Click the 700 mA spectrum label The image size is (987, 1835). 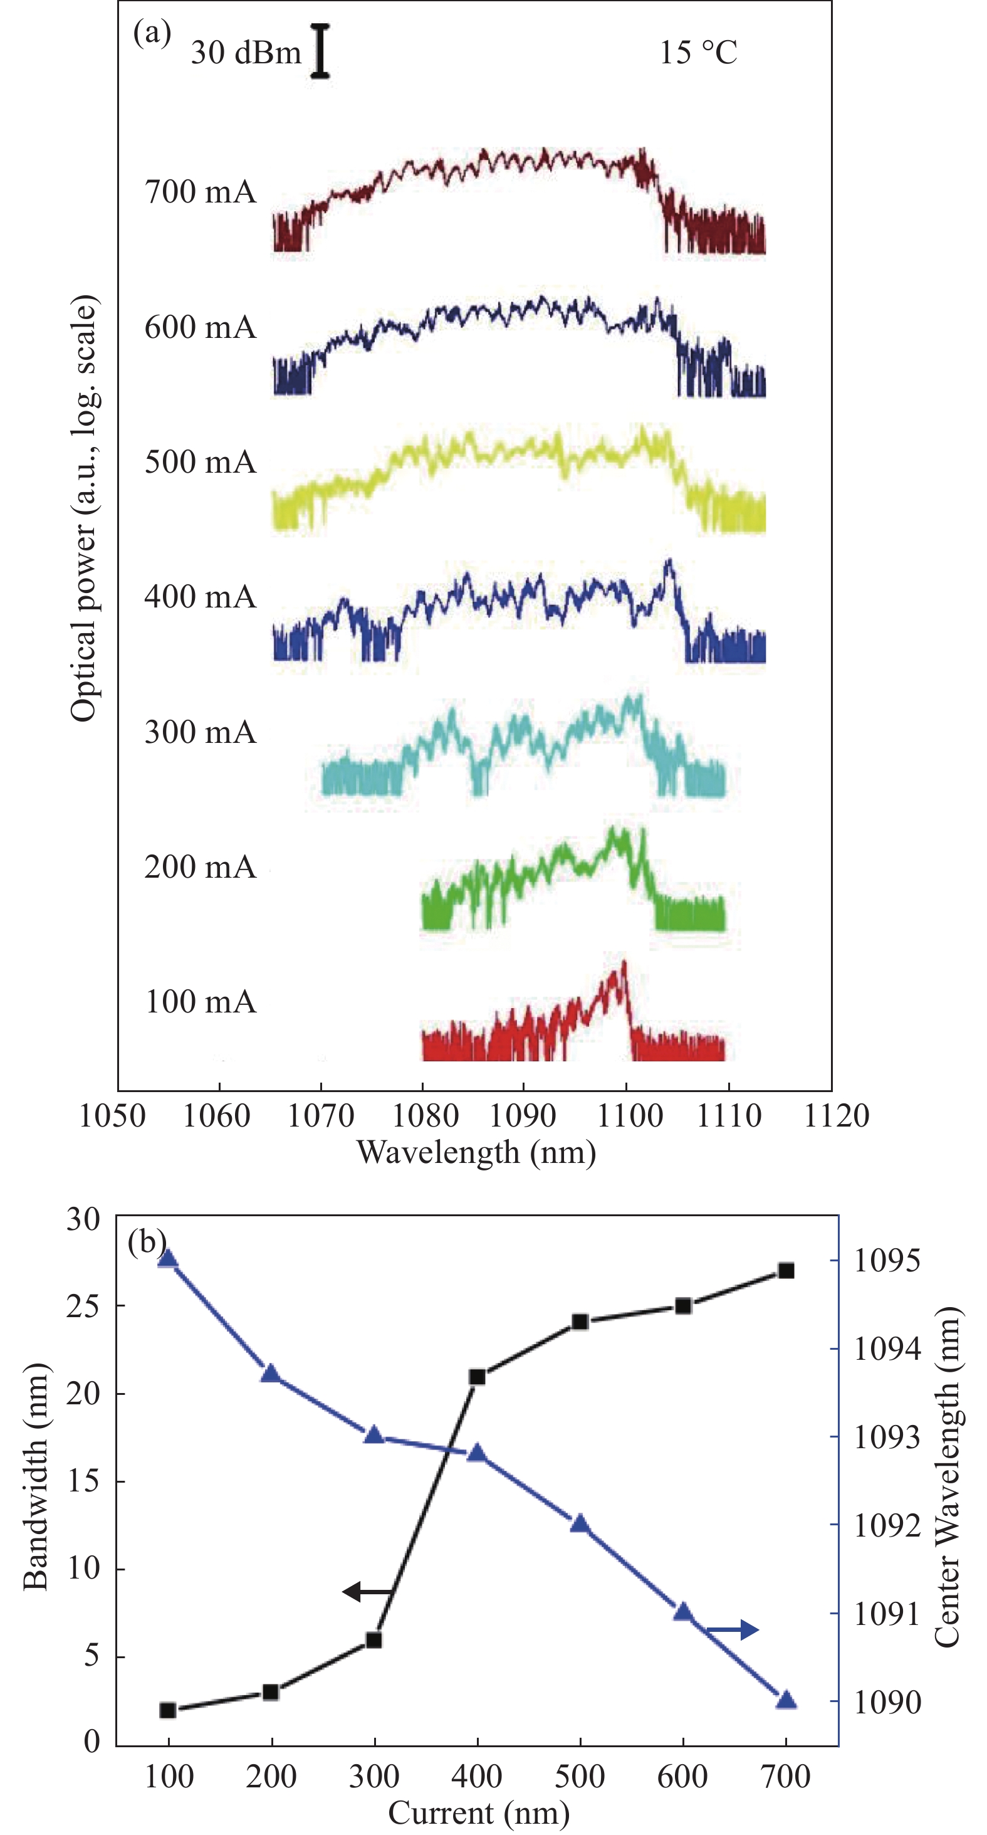[x=200, y=192]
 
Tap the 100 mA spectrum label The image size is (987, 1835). [x=200, y=1002]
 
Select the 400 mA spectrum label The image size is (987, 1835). [x=200, y=597]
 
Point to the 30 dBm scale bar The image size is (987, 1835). [x=320, y=51]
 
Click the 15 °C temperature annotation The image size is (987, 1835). [x=698, y=53]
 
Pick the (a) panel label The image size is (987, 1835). [x=152, y=33]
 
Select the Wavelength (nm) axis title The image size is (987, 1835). [x=476, y=1152]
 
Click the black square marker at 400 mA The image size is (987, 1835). [x=477, y=1377]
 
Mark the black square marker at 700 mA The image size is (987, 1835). [x=785, y=1271]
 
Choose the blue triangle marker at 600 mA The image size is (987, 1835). [x=683, y=1612]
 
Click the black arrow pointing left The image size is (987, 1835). [x=367, y=1591]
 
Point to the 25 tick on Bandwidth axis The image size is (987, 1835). [x=83, y=1306]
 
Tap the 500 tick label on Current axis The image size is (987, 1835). [x=580, y=1777]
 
